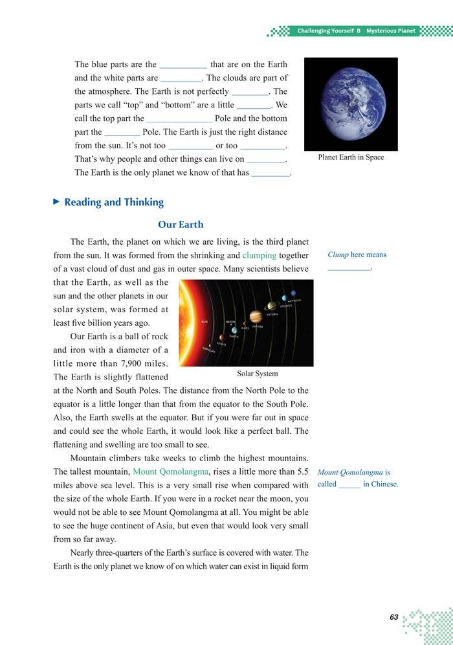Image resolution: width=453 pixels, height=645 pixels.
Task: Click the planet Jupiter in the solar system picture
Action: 256,316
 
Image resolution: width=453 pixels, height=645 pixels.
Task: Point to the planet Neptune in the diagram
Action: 294,293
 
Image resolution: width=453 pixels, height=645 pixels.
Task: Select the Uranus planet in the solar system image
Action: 283,299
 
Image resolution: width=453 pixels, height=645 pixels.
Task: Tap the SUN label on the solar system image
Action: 204,321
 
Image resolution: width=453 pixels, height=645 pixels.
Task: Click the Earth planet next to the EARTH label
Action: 234,330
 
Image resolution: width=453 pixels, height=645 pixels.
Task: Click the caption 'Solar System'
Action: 257,374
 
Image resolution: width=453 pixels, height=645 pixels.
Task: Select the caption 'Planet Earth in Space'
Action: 351,157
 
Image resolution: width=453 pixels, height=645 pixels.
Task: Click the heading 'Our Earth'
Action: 181,225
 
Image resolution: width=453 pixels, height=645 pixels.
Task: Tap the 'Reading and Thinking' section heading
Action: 114,202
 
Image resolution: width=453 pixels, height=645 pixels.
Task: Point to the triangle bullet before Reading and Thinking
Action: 56,202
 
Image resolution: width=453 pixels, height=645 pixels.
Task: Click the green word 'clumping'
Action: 260,255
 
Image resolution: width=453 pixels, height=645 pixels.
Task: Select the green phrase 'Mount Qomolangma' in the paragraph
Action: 170,471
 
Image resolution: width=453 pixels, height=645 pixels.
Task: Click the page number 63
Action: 393,617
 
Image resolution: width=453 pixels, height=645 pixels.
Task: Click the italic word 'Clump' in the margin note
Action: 338,255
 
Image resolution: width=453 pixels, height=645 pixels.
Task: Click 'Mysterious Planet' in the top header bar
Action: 391,31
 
